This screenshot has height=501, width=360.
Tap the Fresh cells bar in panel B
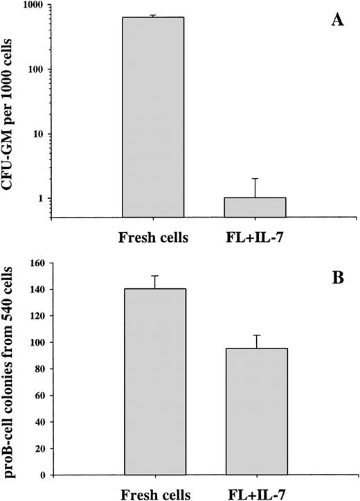[x=154, y=382]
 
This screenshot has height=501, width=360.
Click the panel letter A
[x=338, y=21]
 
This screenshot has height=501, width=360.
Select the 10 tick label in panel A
[x=37, y=134]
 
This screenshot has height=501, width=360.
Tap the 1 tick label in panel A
[x=41, y=198]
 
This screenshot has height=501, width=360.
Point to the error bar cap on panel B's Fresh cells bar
[x=154, y=275]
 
